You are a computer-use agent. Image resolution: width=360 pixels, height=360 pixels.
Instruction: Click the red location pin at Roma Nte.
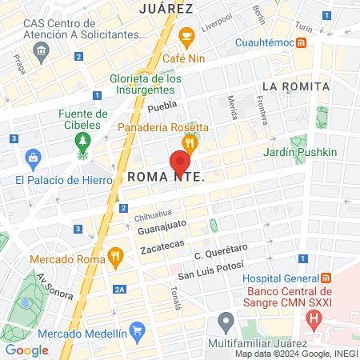point(180,162)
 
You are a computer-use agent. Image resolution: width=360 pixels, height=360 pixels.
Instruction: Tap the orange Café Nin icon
point(187,36)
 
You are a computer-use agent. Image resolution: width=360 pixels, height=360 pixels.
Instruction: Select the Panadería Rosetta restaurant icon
point(189,144)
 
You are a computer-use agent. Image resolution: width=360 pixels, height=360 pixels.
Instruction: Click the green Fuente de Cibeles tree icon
point(82,142)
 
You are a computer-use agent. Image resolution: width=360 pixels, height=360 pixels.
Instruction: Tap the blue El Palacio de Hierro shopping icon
point(33,158)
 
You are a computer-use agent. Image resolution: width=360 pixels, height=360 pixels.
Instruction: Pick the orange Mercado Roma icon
point(115,258)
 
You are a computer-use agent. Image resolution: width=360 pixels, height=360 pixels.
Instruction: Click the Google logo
point(27,350)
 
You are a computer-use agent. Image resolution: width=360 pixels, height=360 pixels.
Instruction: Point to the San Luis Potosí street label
point(210,274)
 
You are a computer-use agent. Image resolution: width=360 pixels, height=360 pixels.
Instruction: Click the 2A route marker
point(120,289)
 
